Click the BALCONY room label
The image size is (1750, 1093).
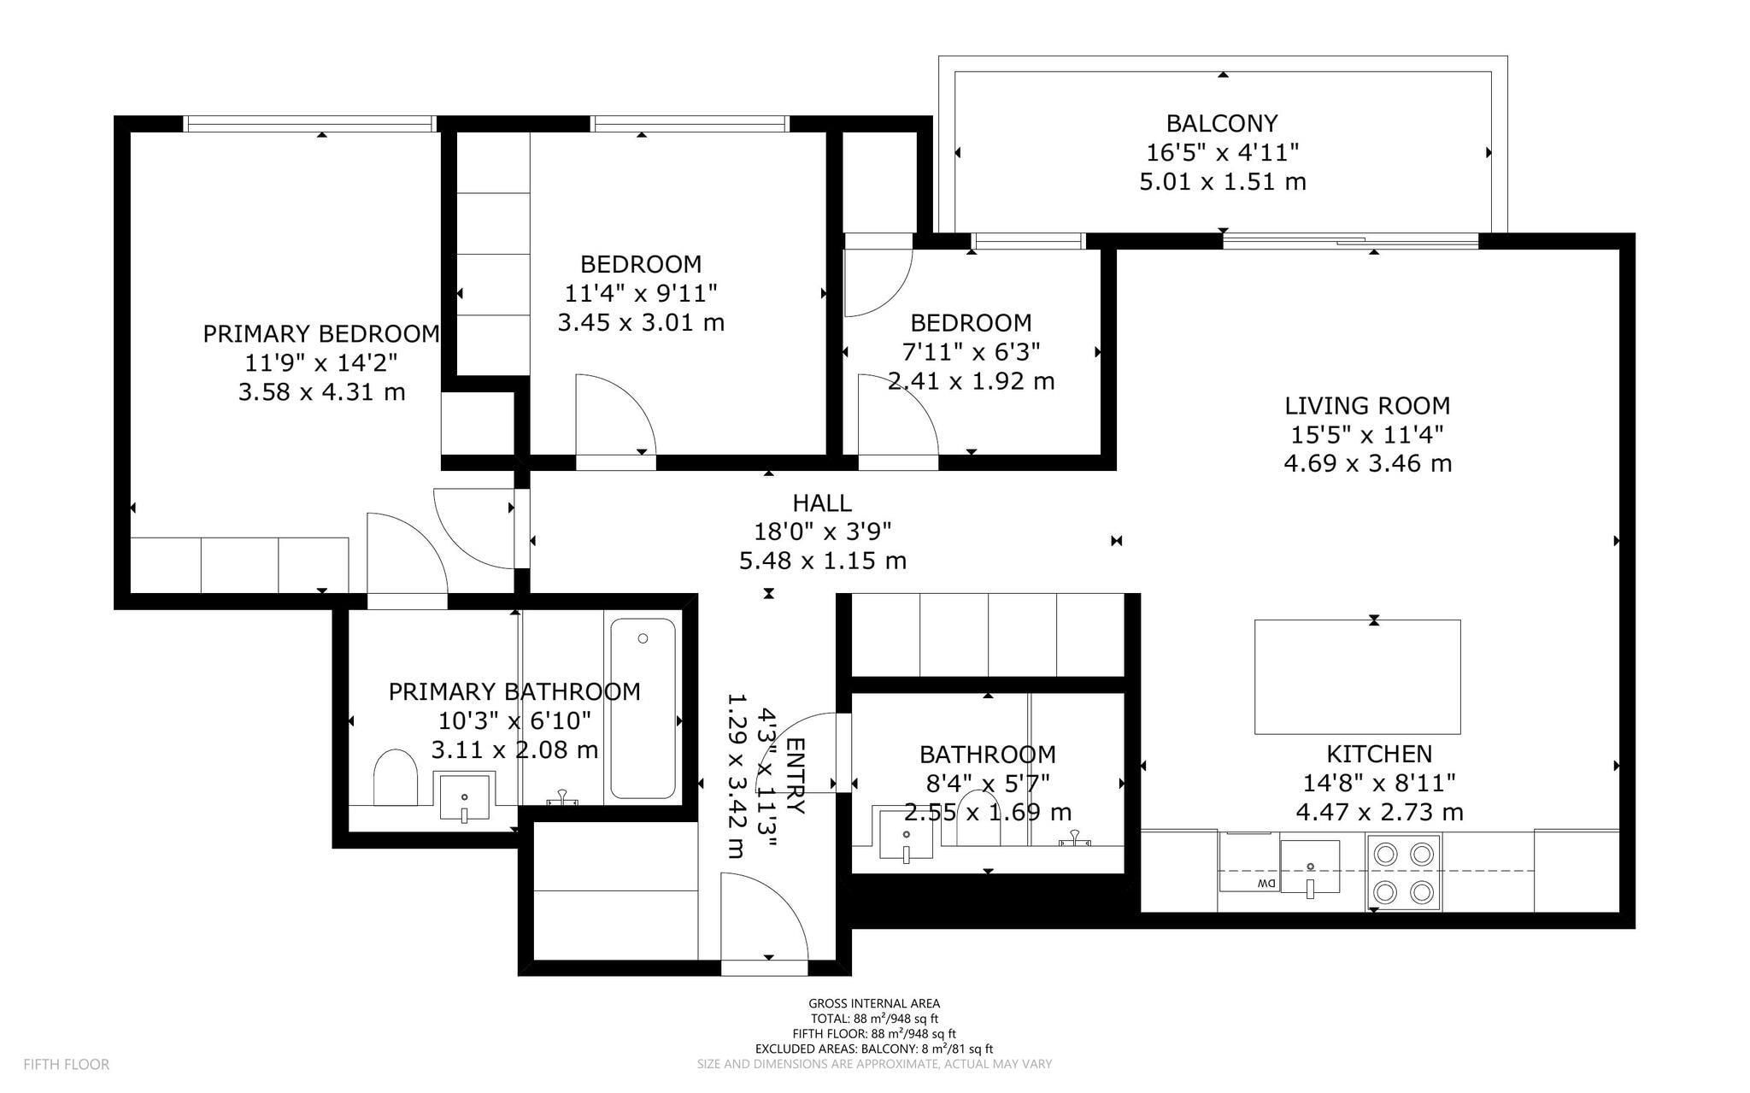click(1222, 124)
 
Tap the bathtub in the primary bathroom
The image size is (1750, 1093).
click(643, 708)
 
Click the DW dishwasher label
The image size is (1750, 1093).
click(1266, 884)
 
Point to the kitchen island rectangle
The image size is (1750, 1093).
click(1357, 677)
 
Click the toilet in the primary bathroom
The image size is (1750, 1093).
click(395, 777)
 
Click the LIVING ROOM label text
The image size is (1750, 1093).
click(1367, 405)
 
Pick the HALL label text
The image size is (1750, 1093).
click(822, 502)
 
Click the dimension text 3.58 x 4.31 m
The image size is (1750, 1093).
click(321, 392)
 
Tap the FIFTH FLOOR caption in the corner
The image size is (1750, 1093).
click(67, 1065)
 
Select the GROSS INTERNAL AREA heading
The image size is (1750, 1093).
click(874, 1003)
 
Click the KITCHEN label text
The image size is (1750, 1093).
click(1379, 754)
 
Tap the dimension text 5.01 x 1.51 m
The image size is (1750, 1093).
click(1223, 182)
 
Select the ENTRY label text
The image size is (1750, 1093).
click(795, 776)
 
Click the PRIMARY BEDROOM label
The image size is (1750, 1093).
click(321, 333)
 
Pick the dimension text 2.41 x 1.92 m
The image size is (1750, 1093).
click(972, 380)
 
